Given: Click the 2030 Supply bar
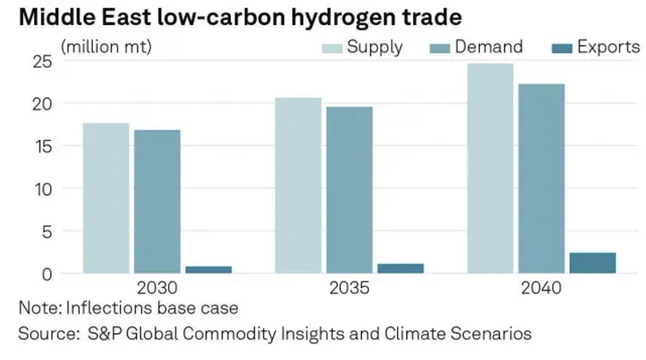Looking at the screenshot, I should (106, 198).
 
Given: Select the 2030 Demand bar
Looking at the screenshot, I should (158, 201).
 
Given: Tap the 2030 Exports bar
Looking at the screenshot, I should (209, 269).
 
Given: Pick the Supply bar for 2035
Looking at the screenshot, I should (298, 185).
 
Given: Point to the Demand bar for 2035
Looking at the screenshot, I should (349, 189).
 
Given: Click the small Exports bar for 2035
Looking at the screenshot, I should (400, 268).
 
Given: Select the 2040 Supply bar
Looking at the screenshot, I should (490, 168).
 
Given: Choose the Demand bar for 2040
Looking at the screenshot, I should (541, 178).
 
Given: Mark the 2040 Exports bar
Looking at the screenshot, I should (593, 262).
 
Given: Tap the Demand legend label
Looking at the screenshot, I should (488, 47).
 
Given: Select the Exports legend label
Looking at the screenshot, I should (609, 47).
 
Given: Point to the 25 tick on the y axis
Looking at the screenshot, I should (43, 62).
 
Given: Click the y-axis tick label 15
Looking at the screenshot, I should (43, 146).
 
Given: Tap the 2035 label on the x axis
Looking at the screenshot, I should (350, 288).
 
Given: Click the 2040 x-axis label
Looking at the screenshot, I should (541, 288).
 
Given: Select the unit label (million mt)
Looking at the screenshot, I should (106, 47).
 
